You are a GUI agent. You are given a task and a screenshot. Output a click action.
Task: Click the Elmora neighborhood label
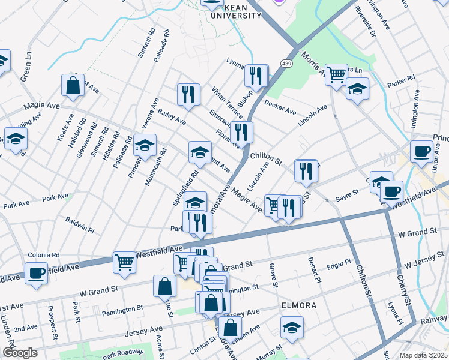(298, 305)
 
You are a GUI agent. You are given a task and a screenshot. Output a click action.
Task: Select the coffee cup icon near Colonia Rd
(36, 274)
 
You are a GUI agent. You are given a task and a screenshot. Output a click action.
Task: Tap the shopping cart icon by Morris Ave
(336, 74)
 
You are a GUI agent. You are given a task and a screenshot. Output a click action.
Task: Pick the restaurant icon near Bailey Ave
(188, 94)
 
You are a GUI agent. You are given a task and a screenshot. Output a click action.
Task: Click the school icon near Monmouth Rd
(145, 145)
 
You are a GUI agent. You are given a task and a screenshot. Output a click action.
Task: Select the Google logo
(20, 353)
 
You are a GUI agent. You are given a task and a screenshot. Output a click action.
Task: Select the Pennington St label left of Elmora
(122, 311)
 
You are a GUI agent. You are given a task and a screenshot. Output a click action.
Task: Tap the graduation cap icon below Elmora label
(292, 327)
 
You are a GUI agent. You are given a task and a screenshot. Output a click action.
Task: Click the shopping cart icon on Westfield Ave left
(124, 261)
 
